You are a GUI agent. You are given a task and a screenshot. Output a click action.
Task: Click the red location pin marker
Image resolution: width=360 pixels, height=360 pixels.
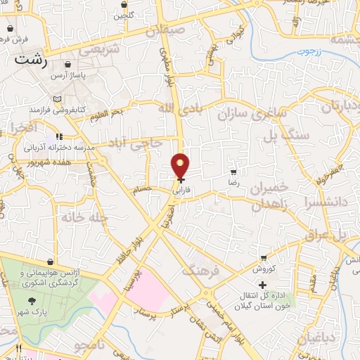(181, 166)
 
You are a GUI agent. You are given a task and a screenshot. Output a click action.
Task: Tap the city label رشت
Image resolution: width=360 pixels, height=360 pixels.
(33, 60)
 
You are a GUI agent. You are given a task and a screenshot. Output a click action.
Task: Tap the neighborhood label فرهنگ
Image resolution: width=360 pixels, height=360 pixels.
(201, 269)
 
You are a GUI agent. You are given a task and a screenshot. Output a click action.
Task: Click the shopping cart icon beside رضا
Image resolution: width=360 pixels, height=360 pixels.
(233, 172)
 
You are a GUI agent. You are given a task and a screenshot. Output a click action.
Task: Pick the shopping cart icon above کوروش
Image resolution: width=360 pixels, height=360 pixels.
(263, 259)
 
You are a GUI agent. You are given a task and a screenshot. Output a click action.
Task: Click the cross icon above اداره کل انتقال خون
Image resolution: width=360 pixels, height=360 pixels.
(263, 285)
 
